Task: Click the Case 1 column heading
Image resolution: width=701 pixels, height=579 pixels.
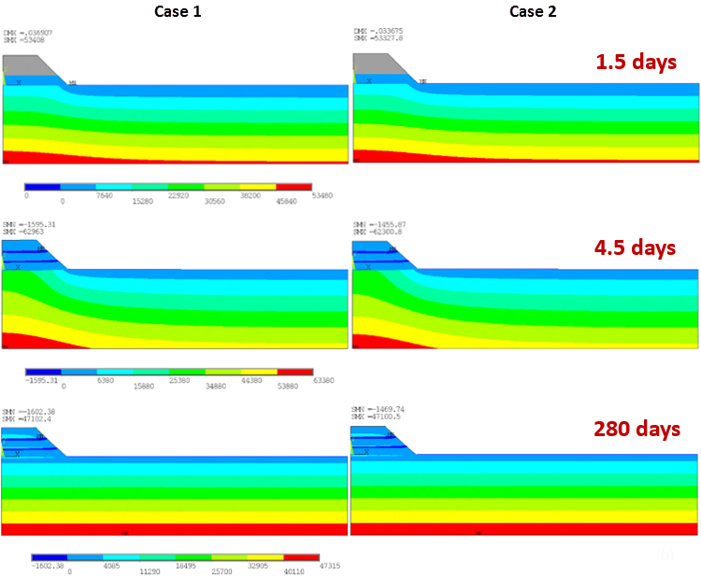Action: (177, 11)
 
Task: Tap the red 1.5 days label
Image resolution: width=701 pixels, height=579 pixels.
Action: (636, 63)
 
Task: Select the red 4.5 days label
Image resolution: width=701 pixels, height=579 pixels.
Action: (636, 247)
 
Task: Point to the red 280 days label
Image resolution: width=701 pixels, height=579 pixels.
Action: (636, 430)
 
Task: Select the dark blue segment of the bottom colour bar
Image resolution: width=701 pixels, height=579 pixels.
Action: (50, 558)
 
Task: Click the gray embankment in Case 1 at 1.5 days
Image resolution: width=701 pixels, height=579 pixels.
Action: (28, 64)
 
